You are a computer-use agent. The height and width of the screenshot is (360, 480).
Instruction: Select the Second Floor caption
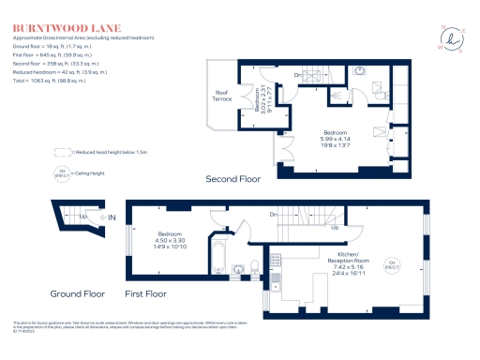232,178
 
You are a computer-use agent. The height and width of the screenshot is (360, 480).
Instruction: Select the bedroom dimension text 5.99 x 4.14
337,139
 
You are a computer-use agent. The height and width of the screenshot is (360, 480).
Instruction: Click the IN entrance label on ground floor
112,218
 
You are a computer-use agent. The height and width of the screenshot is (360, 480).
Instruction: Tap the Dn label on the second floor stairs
297,75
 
